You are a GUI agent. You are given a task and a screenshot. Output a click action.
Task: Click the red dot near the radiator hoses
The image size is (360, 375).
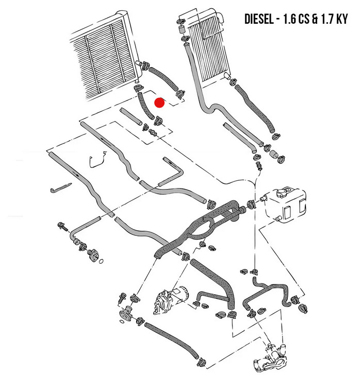(159, 103)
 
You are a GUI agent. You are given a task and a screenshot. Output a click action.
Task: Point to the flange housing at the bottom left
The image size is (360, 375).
(126, 313)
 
